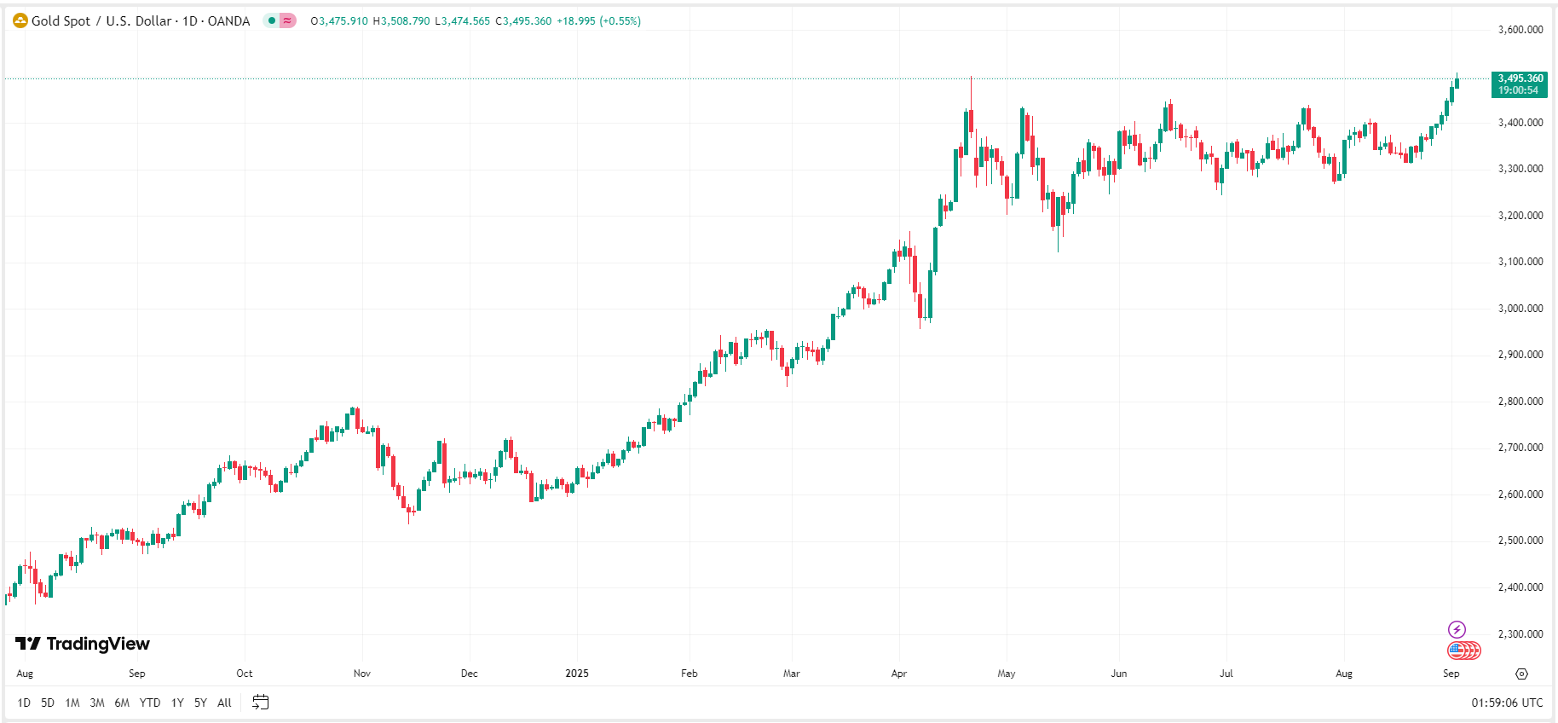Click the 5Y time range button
pyautogui.click(x=200, y=703)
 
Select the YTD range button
pyautogui.click(x=150, y=703)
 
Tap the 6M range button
pyautogui.click(x=122, y=703)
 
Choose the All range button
pyautogui.click(x=224, y=703)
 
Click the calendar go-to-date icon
pyautogui.click(x=261, y=703)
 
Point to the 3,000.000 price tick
pyautogui.click(x=1520, y=309)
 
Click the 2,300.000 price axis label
pyautogui.click(x=1520, y=634)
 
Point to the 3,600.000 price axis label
pyautogui.click(x=1520, y=30)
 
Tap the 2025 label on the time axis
pyautogui.click(x=577, y=674)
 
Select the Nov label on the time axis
pyautogui.click(x=362, y=674)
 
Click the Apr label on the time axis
pyautogui.click(x=899, y=674)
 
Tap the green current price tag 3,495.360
pyautogui.click(x=1520, y=84)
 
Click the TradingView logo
pyautogui.click(x=83, y=644)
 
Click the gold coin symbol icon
pyautogui.click(x=20, y=20)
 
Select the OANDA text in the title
pyautogui.click(x=228, y=20)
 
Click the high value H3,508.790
pyautogui.click(x=401, y=21)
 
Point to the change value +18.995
pyautogui.click(x=575, y=21)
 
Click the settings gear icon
pyautogui.click(x=1521, y=674)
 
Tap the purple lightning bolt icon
pyautogui.click(x=1457, y=629)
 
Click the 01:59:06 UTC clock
pyautogui.click(x=1506, y=703)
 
